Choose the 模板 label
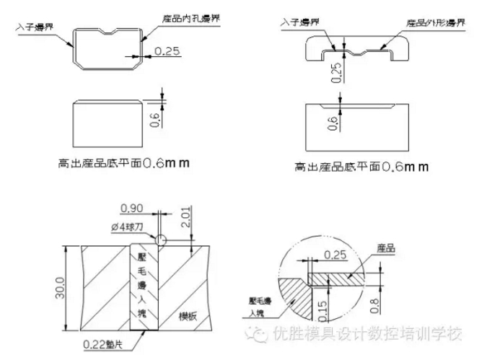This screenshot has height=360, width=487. (x=190, y=317)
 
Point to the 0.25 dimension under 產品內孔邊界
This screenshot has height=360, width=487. (x=167, y=51)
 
